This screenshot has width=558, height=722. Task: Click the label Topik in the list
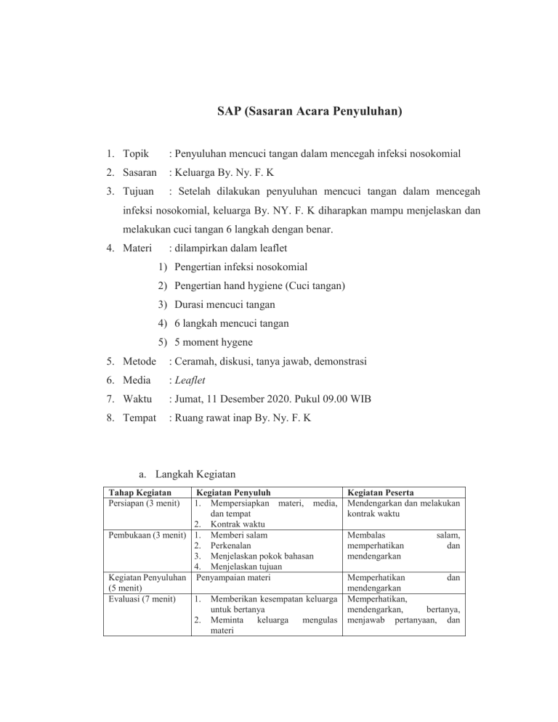point(137,154)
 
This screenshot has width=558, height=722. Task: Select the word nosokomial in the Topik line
point(434,154)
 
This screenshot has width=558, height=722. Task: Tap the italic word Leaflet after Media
point(187,381)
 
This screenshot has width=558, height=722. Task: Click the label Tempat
point(139,418)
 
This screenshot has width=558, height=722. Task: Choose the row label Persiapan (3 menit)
point(143,502)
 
